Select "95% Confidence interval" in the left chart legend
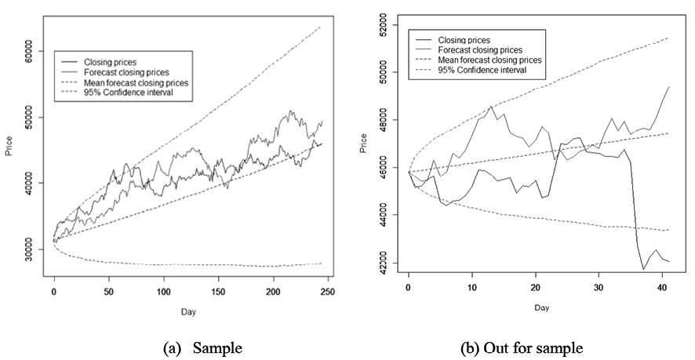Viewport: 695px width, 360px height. pyautogui.click(x=129, y=93)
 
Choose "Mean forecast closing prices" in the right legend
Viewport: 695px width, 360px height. pyautogui.click(x=490, y=60)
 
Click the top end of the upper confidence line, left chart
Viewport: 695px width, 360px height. pyautogui.click(x=320, y=27)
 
